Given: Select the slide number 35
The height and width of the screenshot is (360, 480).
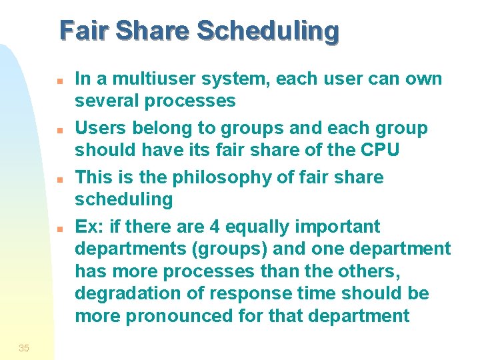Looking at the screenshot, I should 24,347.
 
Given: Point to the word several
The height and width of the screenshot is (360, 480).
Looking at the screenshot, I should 107,101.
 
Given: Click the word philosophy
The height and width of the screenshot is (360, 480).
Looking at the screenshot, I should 215,177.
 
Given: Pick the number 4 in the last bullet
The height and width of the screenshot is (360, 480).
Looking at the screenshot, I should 215,227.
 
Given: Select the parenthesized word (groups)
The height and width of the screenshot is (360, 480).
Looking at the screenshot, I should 213,249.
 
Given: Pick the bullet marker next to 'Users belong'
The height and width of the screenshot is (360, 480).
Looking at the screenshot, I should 59,129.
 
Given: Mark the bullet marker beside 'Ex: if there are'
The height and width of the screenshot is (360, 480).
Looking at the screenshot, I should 59,228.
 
